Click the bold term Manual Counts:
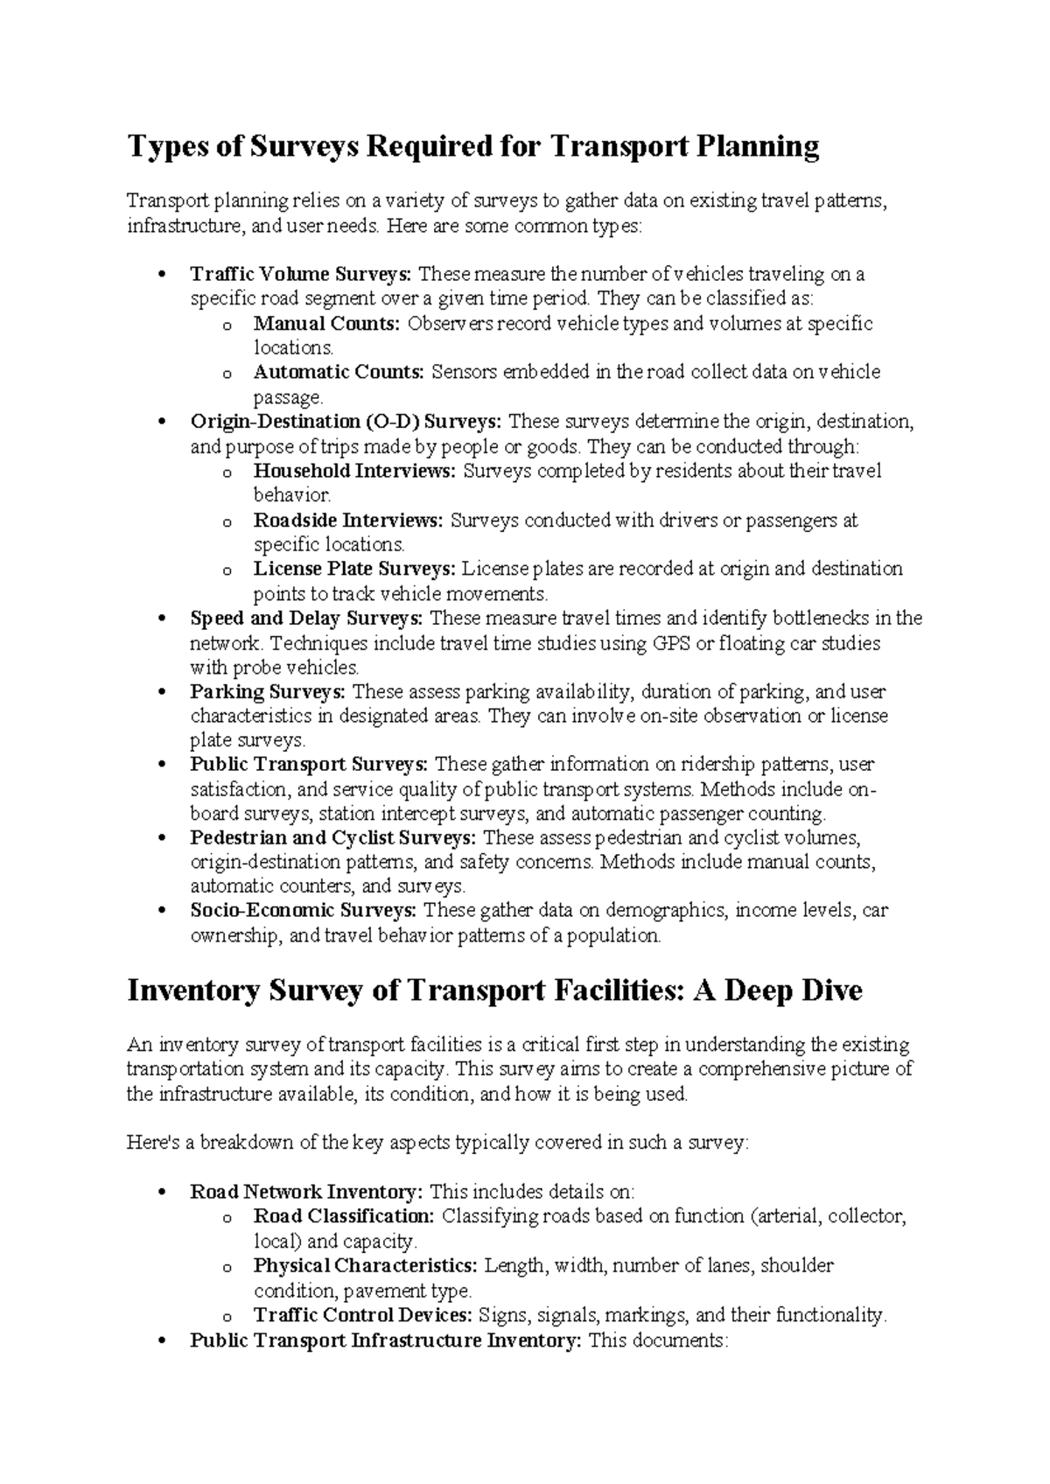tap(326, 324)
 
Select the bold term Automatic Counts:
tap(339, 373)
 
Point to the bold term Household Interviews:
tap(354, 472)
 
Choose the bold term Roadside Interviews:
tap(348, 521)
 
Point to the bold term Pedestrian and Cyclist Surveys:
tap(333, 838)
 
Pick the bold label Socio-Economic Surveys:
tap(303, 911)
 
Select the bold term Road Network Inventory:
tap(307, 1192)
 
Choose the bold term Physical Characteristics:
tap(366, 1265)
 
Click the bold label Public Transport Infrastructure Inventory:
tap(386, 1340)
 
